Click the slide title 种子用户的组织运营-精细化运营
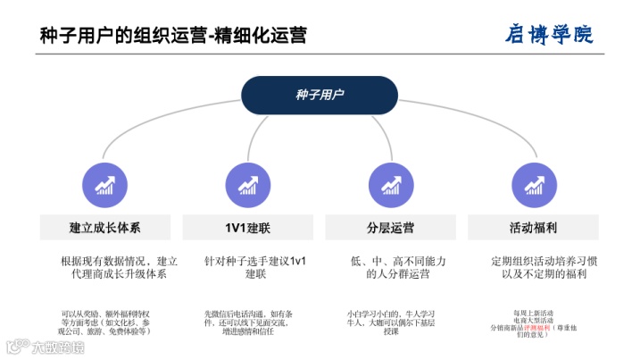[173, 35]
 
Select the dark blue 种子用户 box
[320, 95]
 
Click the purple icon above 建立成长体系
[104, 184]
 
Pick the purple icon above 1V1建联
[247, 184]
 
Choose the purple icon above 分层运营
[390, 184]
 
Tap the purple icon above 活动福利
[534, 184]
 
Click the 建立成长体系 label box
[104, 227]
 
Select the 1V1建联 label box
[247, 227]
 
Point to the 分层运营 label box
[390, 227]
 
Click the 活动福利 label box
[534, 227]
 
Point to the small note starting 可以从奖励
[105, 322]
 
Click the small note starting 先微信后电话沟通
[248, 322]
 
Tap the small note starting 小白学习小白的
[391, 322]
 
